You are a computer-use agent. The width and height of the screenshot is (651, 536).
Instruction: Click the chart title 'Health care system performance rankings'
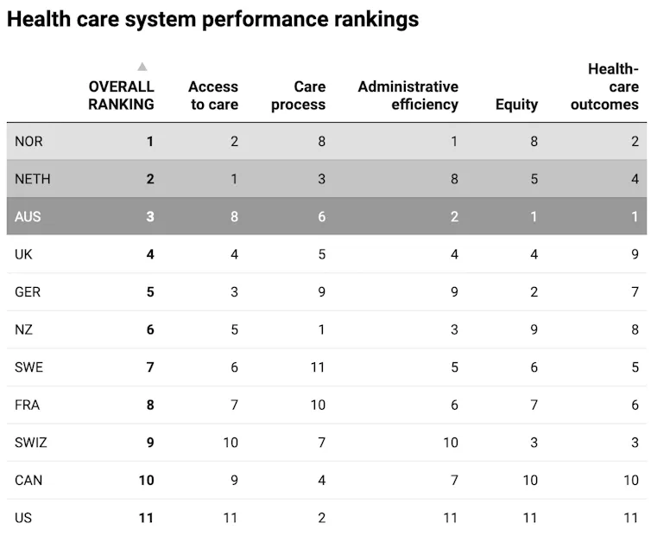pyautogui.click(x=212, y=20)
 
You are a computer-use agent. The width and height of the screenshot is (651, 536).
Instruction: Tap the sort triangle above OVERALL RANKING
pyautogui.click(x=142, y=67)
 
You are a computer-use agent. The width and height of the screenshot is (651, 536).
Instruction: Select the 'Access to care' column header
pyautogui.click(x=212, y=95)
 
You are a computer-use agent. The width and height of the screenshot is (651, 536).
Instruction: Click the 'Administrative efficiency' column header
pyautogui.click(x=408, y=95)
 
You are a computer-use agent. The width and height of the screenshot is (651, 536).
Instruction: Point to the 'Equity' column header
pyautogui.click(x=516, y=105)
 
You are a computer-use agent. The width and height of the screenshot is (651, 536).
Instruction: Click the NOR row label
pyautogui.click(x=29, y=142)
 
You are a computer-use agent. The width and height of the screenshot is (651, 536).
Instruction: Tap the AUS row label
pyautogui.click(x=28, y=217)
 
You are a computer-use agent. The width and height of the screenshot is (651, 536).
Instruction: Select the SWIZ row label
pyautogui.click(x=31, y=443)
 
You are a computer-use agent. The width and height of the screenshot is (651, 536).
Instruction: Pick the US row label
pyautogui.click(x=23, y=518)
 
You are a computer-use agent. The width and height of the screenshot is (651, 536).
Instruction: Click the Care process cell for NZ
pyautogui.click(x=321, y=329)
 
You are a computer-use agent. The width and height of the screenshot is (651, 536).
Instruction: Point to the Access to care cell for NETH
pyautogui.click(x=234, y=180)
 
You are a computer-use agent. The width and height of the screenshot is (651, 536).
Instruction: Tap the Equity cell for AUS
pyautogui.click(x=534, y=217)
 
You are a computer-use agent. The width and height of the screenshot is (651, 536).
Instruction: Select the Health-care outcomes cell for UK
pyautogui.click(x=635, y=254)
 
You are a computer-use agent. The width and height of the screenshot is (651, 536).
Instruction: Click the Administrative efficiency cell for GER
pyautogui.click(x=453, y=292)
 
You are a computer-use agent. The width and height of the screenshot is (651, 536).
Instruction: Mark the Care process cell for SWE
pyautogui.click(x=318, y=367)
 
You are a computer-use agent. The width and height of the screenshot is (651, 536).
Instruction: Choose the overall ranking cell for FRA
pyautogui.click(x=149, y=405)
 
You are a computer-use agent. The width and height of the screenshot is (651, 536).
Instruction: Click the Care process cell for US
pyautogui.click(x=321, y=518)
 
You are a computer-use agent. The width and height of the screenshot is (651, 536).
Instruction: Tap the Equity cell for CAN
pyautogui.click(x=529, y=480)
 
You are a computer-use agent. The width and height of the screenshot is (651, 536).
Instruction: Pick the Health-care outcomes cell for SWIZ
pyautogui.click(x=635, y=443)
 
